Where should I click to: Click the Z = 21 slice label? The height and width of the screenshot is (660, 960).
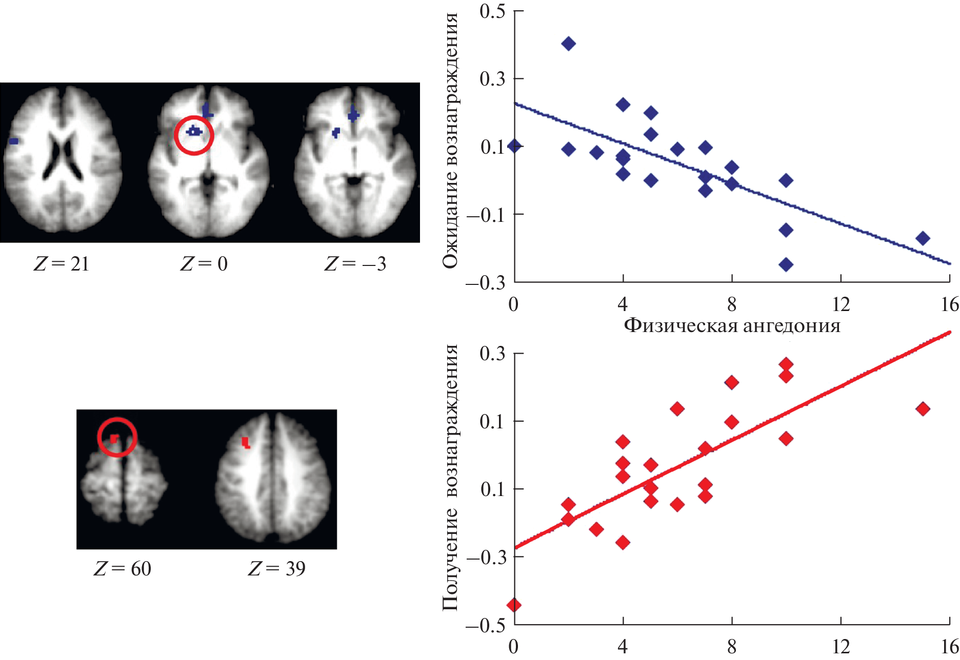click(62, 264)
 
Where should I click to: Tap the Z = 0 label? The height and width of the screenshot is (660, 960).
click(204, 264)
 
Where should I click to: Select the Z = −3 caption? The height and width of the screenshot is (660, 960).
click(355, 264)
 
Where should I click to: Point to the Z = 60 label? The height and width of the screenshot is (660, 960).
click(123, 568)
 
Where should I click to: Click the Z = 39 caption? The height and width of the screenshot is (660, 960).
click(276, 568)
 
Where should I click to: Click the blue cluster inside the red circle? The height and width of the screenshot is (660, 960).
click(193, 132)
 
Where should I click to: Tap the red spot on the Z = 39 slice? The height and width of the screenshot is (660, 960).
click(246, 443)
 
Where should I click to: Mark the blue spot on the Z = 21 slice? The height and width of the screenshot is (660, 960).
click(13, 141)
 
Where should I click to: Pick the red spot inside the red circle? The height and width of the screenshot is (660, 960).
click(114, 438)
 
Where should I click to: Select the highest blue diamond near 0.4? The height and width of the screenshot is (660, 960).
click(568, 44)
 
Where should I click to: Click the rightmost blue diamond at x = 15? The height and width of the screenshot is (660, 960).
click(923, 238)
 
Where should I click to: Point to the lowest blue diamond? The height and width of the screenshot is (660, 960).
click(786, 264)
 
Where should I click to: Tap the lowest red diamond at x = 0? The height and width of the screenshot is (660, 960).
click(514, 605)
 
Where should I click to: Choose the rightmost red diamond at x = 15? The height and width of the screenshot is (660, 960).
click(923, 409)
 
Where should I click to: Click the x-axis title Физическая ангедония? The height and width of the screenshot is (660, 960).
click(732, 325)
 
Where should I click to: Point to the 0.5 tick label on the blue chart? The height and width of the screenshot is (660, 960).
click(492, 11)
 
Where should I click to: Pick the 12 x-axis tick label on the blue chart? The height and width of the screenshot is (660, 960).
click(841, 305)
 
